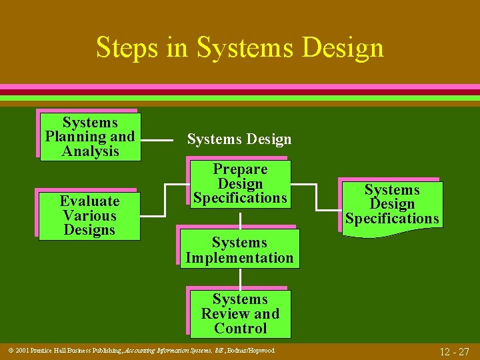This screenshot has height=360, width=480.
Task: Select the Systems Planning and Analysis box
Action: pyautogui.click(x=90, y=137)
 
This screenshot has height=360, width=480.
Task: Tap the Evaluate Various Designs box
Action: pyautogui.click(x=89, y=215)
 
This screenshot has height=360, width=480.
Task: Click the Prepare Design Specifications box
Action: pyautogui.click(x=240, y=183)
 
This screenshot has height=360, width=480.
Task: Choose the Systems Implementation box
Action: pyautogui.click(x=239, y=250)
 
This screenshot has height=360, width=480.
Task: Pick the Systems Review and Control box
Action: pyautogui.click(x=240, y=313)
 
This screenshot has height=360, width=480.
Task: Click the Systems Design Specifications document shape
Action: pyautogui.click(x=392, y=204)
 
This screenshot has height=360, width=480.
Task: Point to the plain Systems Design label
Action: pyautogui.click(x=239, y=139)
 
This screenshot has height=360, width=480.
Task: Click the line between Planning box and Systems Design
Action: pyautogui.click(x=159, y=141)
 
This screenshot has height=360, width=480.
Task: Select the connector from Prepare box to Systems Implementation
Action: pyautogui.click(x=240, y=219)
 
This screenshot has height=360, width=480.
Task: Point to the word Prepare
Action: pyautogui.click(x=240, y=169)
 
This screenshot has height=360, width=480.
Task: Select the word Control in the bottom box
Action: pyautogui.click(x=240, y=328)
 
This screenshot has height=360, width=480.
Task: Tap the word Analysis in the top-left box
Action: pyautogui.click(x=90, y=151)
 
